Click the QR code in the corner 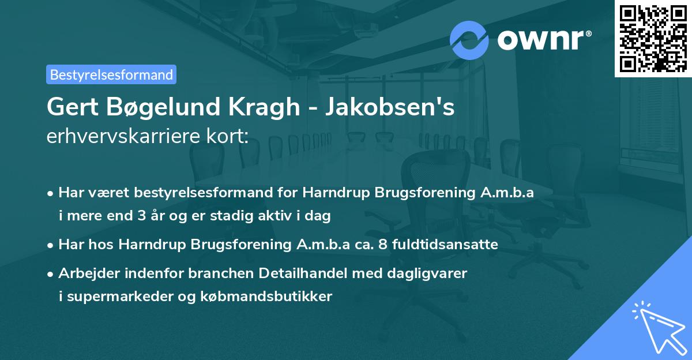coord(653,38)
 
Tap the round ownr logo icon coord(469,40)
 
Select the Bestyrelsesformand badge coord(111,74)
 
